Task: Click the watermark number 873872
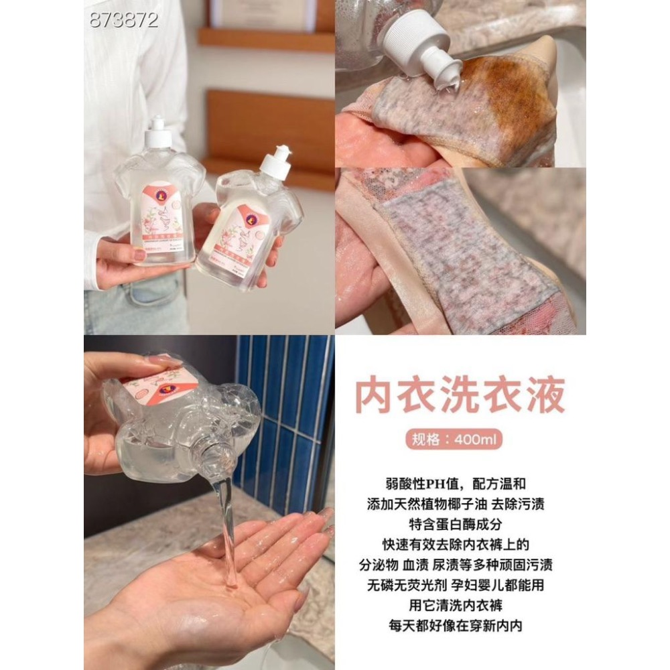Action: tap(124, 20)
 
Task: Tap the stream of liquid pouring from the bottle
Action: tap(228, 516)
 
